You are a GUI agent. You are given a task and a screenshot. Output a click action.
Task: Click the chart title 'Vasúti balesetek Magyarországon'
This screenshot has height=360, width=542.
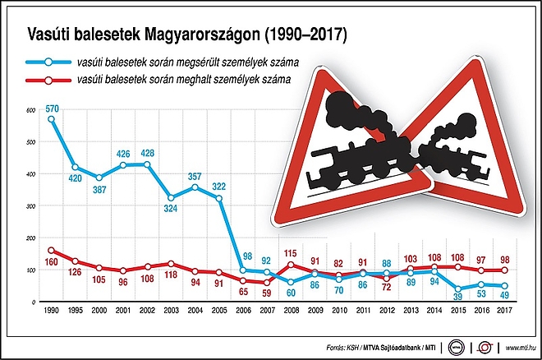click(x=187, y=35)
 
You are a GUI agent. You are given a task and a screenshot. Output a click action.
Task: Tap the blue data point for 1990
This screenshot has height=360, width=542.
click(x=52, y=119)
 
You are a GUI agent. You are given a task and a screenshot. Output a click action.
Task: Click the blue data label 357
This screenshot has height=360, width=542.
click(x=195, y=176)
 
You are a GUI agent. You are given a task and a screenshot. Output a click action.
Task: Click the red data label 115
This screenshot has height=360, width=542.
click(x=290, y=252)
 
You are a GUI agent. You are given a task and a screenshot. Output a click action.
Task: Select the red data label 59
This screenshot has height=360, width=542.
click(x=266, y=293)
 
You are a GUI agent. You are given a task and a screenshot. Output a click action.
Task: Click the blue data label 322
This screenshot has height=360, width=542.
click(x=219, y=187)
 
